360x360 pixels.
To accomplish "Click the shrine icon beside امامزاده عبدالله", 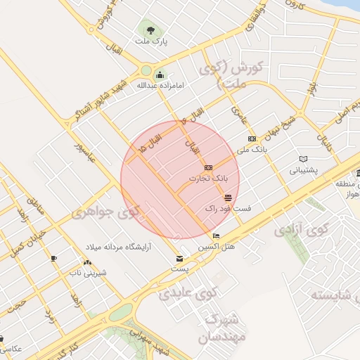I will coord(160,75).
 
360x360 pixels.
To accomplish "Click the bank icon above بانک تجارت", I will coord(208,168).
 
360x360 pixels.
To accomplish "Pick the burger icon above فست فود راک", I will coord(227,198).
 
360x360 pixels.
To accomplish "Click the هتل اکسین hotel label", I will coord(215,247).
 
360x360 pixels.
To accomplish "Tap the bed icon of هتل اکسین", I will coord(216,236).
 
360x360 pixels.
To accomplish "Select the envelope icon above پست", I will coord(179,259).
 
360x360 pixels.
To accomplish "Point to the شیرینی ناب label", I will coord(91,272).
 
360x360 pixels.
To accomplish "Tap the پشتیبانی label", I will coord(304,170).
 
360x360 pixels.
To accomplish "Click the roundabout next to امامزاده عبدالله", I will coord(147,71).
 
